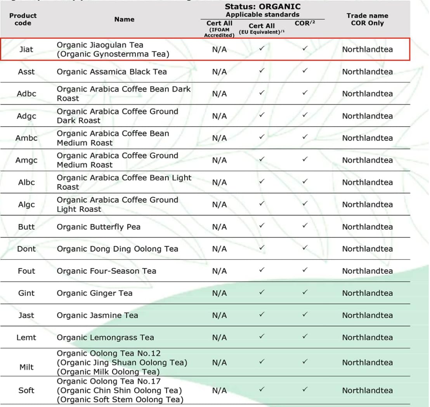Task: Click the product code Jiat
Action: tap(26, 49)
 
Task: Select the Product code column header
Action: tap(23, 19)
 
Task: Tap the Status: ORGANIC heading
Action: tap(262, 7)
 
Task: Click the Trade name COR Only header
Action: tap(367, 19)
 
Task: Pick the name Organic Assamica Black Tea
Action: tap(112, 72)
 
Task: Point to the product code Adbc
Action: tap(26, 94)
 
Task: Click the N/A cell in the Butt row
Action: tap(220, 227)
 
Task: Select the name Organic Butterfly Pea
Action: tap(99, 227)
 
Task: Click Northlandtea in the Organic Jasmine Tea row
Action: tap(367, 315)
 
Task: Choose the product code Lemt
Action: tap(26, 337)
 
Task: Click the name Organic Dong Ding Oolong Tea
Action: tap(117, 249)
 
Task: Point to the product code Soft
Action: tap(26, 390)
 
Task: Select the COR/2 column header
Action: tap(305, 23)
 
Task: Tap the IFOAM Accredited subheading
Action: tap(219, 32)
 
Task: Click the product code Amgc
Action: tap(26, 160)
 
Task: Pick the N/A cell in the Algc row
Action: tap(220, 205)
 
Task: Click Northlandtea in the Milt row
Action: tap(367, 362)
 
